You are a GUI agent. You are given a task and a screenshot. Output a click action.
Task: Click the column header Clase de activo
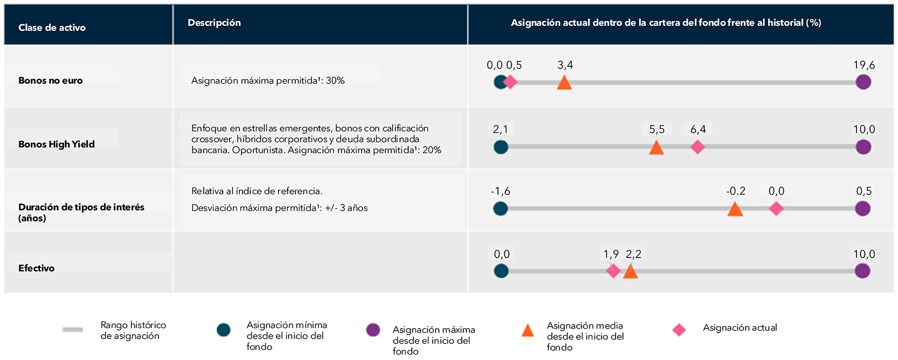52,27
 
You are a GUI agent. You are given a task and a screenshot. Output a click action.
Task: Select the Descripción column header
214,23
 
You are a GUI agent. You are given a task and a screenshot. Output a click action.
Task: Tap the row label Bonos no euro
50,80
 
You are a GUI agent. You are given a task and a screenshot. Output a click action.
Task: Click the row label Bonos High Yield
56,144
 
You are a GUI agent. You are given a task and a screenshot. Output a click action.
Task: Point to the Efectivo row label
36,268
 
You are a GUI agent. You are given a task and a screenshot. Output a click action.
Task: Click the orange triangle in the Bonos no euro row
564,83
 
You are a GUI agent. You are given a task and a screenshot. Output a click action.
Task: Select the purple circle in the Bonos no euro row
863,82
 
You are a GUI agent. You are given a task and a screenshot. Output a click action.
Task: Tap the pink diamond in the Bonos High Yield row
697,147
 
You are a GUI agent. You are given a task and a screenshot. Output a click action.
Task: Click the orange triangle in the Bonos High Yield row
656,148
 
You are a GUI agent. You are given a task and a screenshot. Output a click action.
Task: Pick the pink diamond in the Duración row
776,208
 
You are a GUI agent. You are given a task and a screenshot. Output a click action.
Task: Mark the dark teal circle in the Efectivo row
501,271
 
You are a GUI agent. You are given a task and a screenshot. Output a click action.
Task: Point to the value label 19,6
864,65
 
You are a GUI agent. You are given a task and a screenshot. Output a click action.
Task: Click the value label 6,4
698,129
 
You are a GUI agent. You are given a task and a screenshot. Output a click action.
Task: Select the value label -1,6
500,191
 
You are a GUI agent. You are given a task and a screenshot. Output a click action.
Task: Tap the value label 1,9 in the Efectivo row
610,254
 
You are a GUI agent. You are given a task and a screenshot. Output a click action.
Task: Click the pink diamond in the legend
679,330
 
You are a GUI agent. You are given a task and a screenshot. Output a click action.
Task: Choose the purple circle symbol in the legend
373,330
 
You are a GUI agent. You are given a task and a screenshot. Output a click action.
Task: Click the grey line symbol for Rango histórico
73,330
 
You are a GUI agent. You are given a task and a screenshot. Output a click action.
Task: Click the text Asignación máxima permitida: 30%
268,80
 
